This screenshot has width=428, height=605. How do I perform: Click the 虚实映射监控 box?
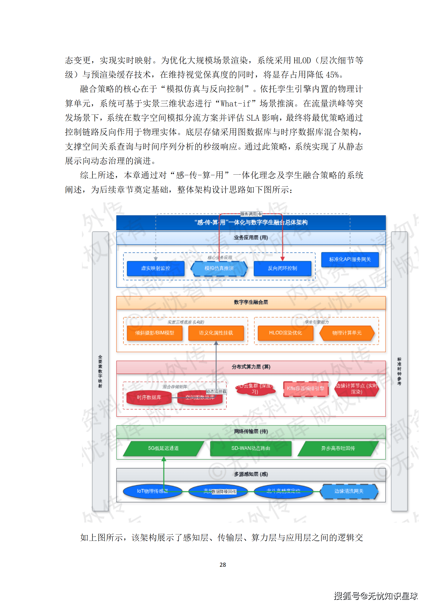(x=156, y=268)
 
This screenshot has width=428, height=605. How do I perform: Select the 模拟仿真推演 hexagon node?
(x=219, y=268)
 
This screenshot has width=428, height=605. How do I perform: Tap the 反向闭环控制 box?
(x=282, y=268)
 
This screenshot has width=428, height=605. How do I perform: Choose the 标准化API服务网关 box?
(x=350, y=259)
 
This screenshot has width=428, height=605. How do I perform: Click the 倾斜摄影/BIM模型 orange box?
(x=155, y=333)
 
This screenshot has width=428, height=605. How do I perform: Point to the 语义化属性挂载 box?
(x=216, y=333)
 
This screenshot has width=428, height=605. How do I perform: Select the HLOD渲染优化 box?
(x=285, y=333)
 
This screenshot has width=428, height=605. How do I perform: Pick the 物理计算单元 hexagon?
(x=347, y=333)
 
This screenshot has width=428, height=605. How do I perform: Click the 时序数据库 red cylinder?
(x=149, y=397)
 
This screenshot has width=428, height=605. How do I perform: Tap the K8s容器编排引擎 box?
(x=306, y=389)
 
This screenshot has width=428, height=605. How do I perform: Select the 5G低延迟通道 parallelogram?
(x=163, y=448)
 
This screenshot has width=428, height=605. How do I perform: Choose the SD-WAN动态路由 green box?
(x=251, y=448)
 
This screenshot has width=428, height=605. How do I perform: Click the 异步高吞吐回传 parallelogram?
(x=338, y=448)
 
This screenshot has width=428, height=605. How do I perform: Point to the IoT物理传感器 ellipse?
(x=152, y=491)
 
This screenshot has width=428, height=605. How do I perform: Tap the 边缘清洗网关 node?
(x=349, y=491)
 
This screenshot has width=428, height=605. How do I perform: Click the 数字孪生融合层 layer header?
(x=251, y=302)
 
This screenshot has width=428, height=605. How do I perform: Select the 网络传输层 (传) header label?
(x=251, y=431)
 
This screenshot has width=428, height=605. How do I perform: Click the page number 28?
(x=223, y=565)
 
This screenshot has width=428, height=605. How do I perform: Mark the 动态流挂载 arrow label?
(x=216, y=392)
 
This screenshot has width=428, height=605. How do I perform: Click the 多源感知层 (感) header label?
(x=251, y=474)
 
